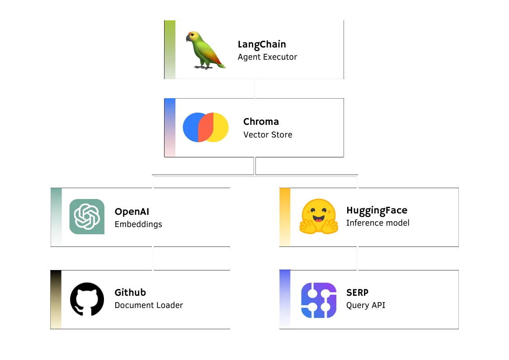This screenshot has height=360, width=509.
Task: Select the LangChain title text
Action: pos(262,44)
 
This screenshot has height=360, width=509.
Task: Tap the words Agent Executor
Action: pos(267,57)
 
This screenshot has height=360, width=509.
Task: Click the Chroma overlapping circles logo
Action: pos(205,128)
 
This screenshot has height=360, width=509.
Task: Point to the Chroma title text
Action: pos(261,122)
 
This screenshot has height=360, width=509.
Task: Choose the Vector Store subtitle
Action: pos(268,134)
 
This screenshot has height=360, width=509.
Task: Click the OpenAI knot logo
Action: pos(87,217)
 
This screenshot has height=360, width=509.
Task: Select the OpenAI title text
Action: pos(132,211)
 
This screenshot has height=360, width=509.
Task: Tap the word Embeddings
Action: pos(138,224)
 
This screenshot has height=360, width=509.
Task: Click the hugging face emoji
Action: pos(318,217)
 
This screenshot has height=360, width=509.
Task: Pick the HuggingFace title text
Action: pos(377,210)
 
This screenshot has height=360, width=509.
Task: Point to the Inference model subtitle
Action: pos(377,223)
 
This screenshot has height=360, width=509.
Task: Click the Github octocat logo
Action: pos(87,299)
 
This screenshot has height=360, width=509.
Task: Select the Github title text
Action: pos(130,293)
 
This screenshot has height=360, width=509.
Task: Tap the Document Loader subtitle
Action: pos(149,305)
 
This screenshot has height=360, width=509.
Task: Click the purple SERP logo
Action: pos(319,300)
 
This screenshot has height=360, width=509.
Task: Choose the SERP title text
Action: pos(357,293)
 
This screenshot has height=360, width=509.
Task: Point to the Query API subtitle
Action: pos(366,305)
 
